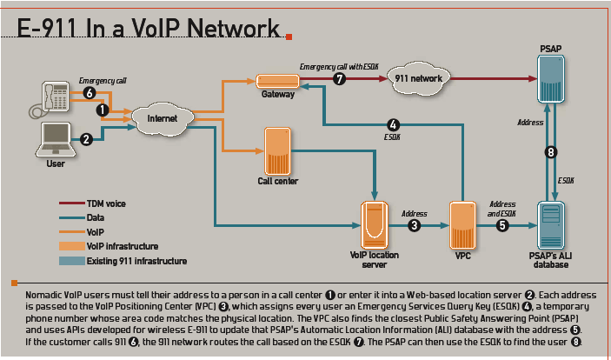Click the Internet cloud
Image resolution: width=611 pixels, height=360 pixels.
(162, 117)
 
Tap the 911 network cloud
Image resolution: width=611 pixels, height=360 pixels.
(419, 78)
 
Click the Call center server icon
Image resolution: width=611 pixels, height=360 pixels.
(277, 150)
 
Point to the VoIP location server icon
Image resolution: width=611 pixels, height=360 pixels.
(374, 223)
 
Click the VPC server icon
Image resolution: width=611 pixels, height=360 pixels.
(462, 224)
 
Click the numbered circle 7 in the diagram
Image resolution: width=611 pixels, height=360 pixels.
(340, 78)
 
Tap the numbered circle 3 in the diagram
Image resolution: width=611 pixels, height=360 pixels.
(415, 225)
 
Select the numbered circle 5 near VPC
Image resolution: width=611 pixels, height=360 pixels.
(501, 225)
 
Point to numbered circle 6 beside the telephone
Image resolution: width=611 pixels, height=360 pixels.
(89, 92)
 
